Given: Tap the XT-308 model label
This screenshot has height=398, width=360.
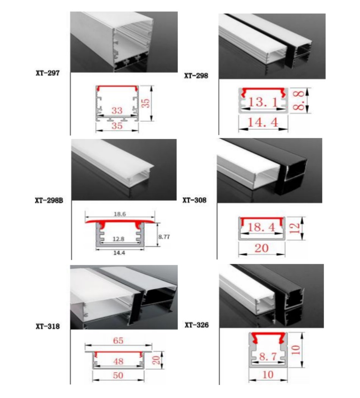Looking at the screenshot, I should pyautogui.click(x=194, y=201).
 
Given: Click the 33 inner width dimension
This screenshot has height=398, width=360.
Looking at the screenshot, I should pyautogui.click(x=117, y=110).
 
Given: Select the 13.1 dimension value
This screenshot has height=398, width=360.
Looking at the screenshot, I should pyautogui.click(x=263, y=102).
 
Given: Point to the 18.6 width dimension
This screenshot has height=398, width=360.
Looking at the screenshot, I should pyautogui.click(x=119, y=214).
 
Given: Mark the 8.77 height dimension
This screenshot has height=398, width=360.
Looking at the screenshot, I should pyautogui.click(x=164, y=236).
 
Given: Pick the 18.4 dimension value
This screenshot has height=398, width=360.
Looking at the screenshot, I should pyautogui.click(x=261, y=227).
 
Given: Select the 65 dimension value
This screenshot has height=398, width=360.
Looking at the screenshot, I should pyautogui.click(x=118, y=340).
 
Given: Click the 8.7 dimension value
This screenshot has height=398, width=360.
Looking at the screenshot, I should pyautogui.click(x=268, y=356).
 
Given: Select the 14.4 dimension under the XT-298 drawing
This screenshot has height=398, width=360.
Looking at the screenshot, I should pyautogui.click(x=263, y=122).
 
